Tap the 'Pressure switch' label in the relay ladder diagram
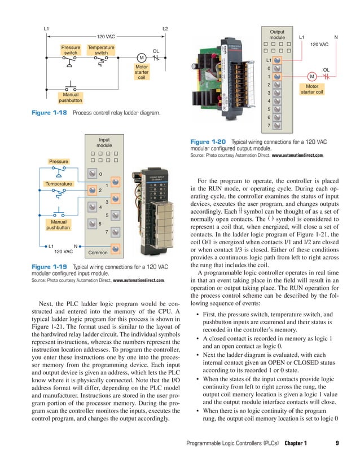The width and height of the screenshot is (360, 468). point(71,51)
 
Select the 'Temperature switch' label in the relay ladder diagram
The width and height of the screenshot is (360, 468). point(101,51)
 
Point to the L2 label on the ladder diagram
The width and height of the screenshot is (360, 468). point(165,28)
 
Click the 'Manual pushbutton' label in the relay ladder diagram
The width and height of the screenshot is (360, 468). point(71,98)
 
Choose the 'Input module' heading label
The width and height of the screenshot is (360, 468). point(104,142)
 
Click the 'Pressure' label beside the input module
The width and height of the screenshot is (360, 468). point(58,162)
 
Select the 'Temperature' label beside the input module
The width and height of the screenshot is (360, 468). point(59,184)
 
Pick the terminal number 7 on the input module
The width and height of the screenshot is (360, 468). point(106,232)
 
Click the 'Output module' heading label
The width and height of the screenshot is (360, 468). point(277,34)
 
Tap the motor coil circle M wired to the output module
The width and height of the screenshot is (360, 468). point(311,77)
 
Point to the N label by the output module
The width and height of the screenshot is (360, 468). point(336,38)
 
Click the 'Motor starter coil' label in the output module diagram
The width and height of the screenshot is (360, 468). point(311,89)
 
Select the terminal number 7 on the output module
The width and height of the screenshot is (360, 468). point(269,125)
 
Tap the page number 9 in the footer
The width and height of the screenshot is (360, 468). point(337,443)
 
